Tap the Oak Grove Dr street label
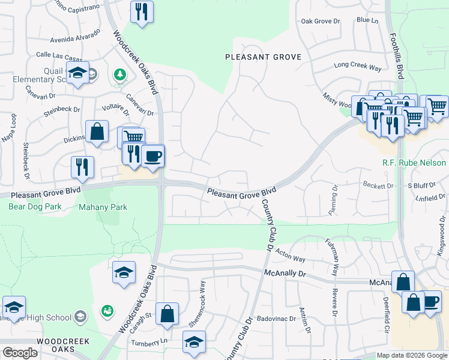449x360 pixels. click(x=320, y=21)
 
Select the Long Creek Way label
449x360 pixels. click(x=358, y=65)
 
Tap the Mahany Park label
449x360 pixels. click(x=103, y=207)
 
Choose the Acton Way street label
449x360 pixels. click(x=291, y=255)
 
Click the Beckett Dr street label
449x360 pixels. click(x=378, y=185)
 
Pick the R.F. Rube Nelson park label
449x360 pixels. click(x=414, y=163)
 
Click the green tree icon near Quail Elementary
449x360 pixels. click(x=120, y=74)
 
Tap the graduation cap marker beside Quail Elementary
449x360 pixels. click(x=77, y=73)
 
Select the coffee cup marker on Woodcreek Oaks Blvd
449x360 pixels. click(x=153, y=156)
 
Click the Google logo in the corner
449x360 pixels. click(x=20, y=353)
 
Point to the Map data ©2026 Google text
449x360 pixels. click(x=411, y=355)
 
